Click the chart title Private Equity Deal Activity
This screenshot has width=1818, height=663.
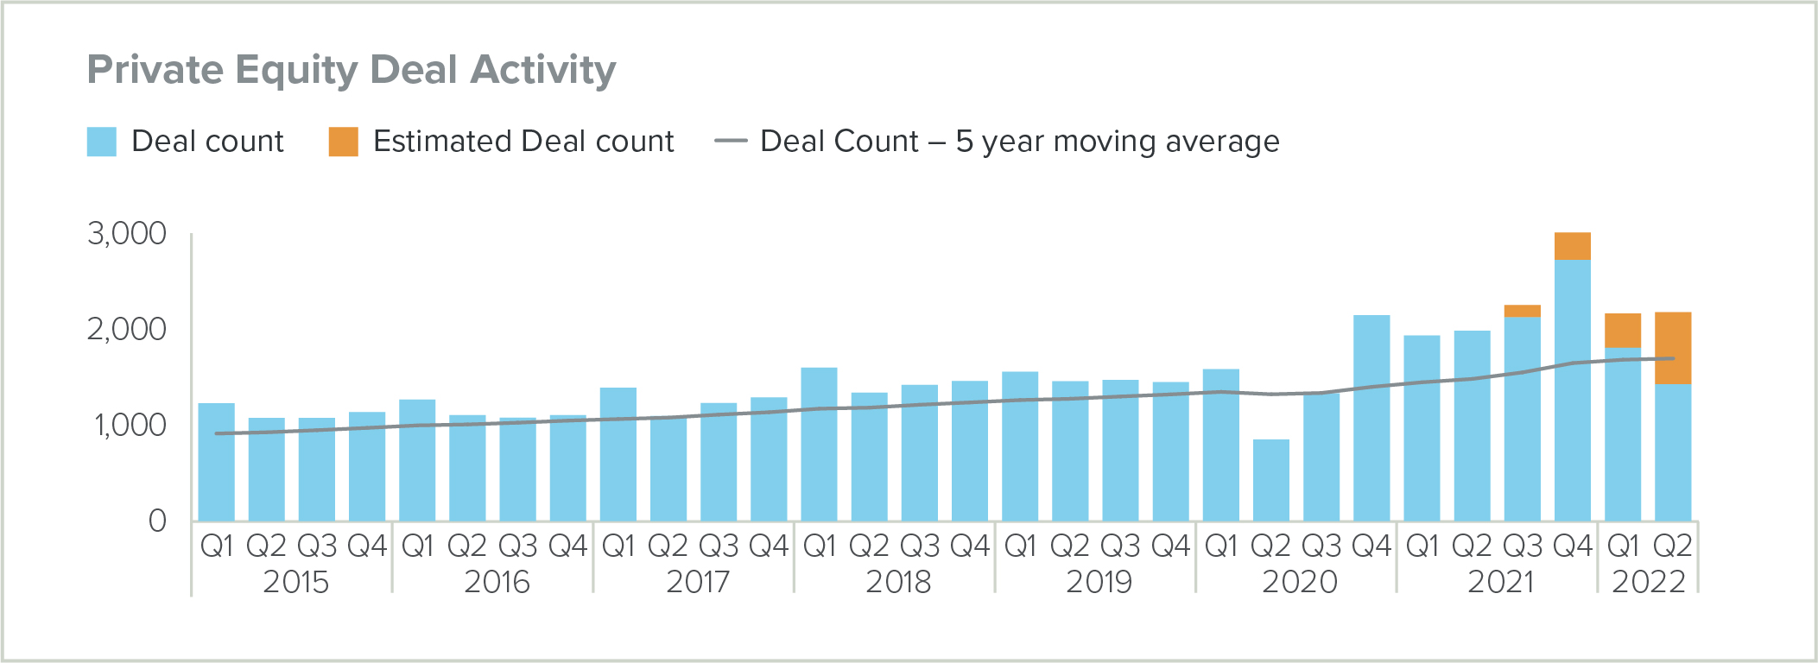pyautogui.click(x=352, y=70)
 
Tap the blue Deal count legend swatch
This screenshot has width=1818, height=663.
pyautogui.click(x=102, y=142)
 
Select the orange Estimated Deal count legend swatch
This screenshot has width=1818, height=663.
pyautogui.click(x=343, y=142)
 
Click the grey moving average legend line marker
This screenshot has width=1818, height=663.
pyautogui.click(x=731, y=142)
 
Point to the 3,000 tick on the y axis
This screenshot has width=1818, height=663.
pyautogui.click(x=127, y=234)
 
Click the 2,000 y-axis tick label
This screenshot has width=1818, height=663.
pyautogui.click(x=127, y=329)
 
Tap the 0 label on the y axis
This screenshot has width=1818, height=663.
pyautogui.click(x=157, y=521)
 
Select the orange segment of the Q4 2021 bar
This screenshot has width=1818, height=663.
pyautogui.click(x=1572, y=246)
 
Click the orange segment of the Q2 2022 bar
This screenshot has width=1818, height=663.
pyautogui.click(x=1672, y=348)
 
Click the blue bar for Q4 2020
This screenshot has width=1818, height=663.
pyautogui.click(x=1371, y=418)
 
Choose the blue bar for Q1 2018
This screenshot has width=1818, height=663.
pyautogui.click(x=819, y=444)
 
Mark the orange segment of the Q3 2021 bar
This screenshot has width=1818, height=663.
pyautogui.click(x=1522, y=311)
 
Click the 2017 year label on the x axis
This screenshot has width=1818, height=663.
pyautogui.click(x=698, y=582)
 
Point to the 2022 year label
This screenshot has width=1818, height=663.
pyautogui.click(x=1648, y=582)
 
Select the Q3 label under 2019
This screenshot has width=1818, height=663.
pyautogui.click(x=1120, y=546)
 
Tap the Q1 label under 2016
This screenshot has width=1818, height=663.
pyautogui.click(x=417, y=546)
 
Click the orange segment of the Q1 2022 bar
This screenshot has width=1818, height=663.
pyautogui.click(x=1622, y=331)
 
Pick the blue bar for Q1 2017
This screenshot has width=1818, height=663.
pyautogui.click(x=618, y=454)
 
